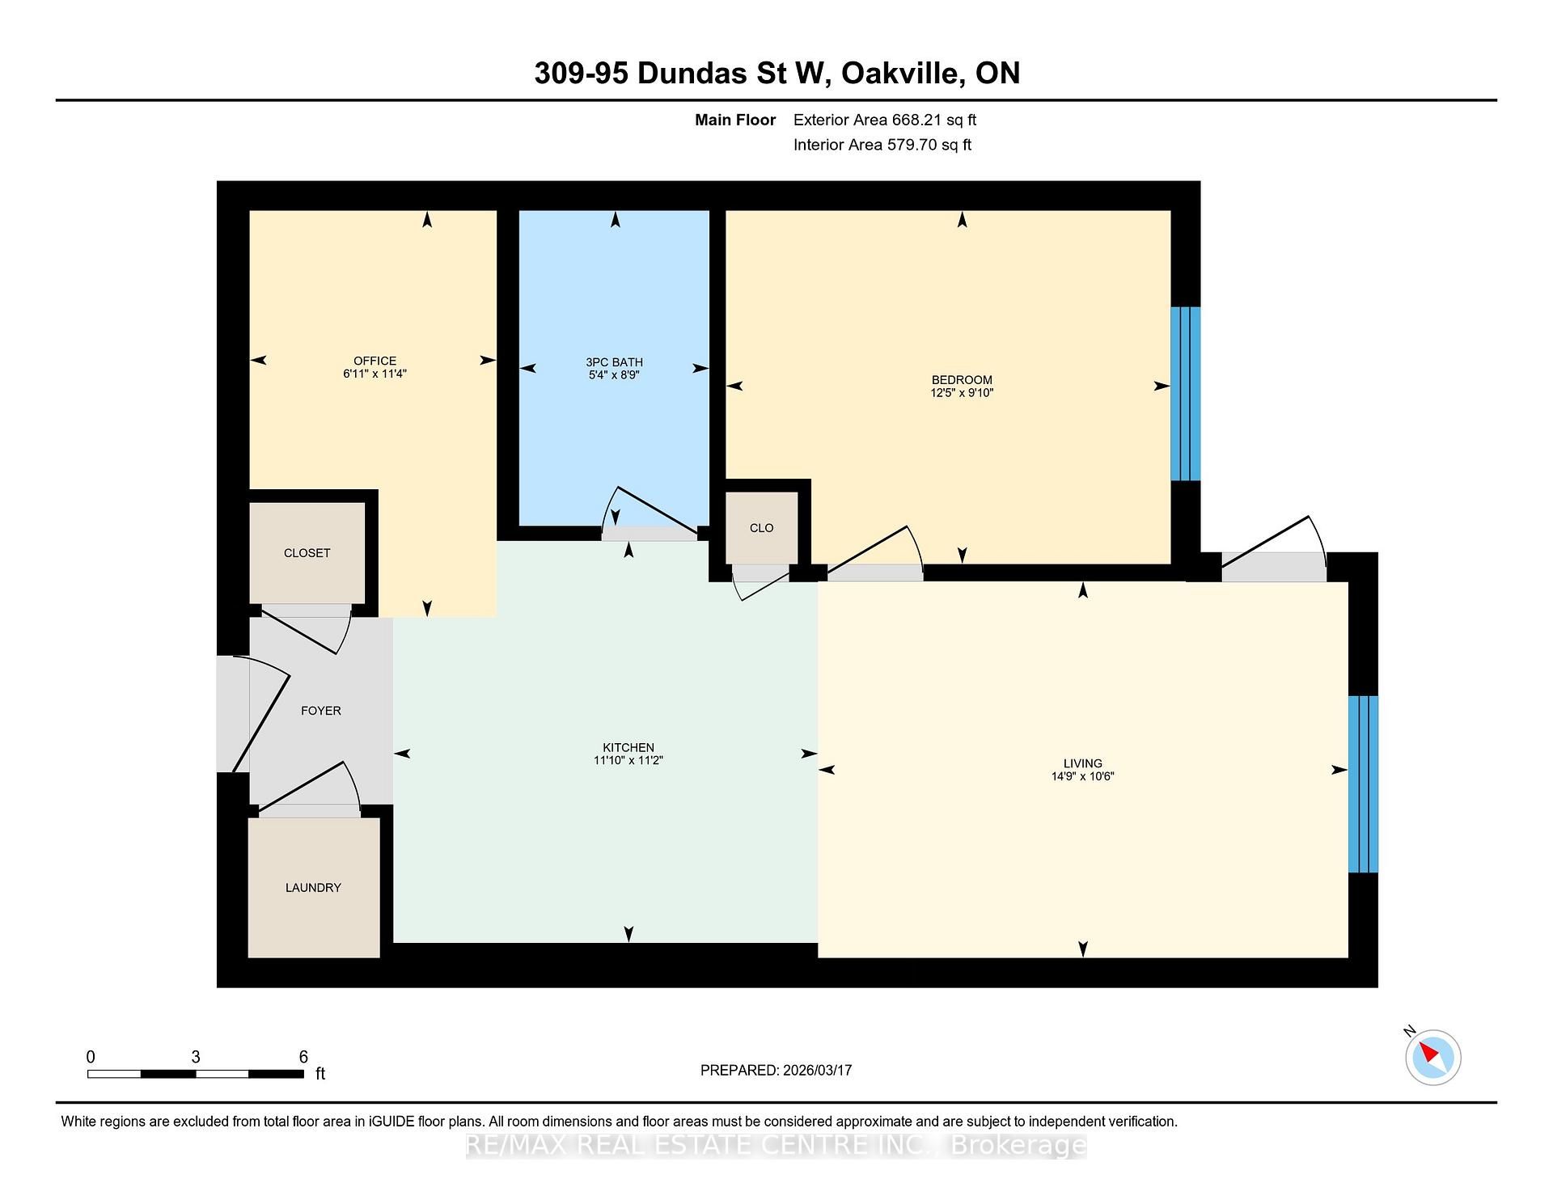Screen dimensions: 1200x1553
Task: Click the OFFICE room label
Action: pyautogui.click(x=374, y=361)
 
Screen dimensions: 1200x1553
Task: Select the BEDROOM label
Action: pyautogui.click(x=961, y=380)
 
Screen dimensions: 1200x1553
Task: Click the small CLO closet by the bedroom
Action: pyautogui.click(x=761, y=528)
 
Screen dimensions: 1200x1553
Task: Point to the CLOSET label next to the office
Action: pyautogui.click(x=307, y=553)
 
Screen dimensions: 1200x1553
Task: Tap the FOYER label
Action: pyautogui.click(x=320, y=711)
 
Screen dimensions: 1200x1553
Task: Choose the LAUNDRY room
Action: pyautogui.click(x=313, y=887)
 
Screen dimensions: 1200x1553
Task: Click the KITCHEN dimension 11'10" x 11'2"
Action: pyautogui.click(x=628, y=760)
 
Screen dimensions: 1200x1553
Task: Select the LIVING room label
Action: pyautogui.click(x=1082, y=763)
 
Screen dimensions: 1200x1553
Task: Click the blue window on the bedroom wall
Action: pyautogui.click(x=1186, y=393)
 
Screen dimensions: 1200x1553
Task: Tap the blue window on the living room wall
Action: pyautogui.click(x=1362, y=784)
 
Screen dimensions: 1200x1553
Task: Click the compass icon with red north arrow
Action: pyautogui.click(x=1432, y=1057)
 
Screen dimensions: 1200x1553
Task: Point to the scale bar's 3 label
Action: pyautogui.click(x=196, y=1057)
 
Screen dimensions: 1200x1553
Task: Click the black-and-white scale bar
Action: pyautogui.click(x=195, y=1074)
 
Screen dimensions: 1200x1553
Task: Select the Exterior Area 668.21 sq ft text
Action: pyautogui.click(x=884, y=120)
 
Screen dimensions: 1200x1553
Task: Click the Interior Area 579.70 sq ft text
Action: pyautogui.click(x=882, y=145)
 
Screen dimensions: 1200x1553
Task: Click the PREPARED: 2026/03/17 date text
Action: pyautogui.click(x=776, y=1070)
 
